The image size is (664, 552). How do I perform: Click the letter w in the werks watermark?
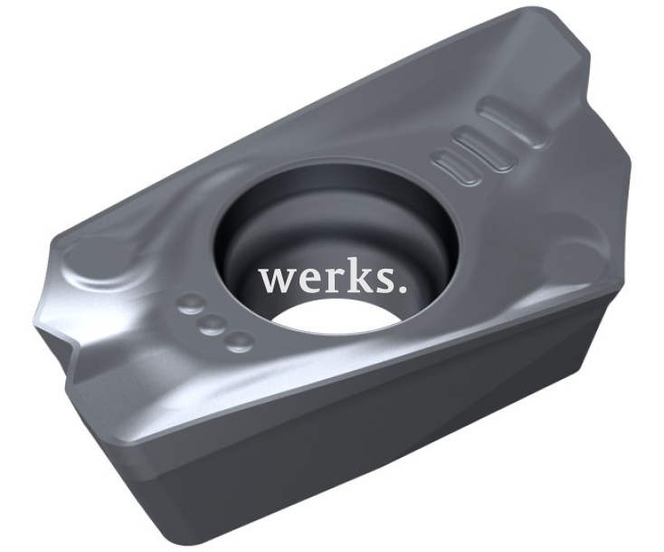(x=277, y=281)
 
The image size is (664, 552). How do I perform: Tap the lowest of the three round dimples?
(x=239, y=342)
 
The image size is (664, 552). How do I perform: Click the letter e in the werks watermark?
(x=308, y=281)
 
